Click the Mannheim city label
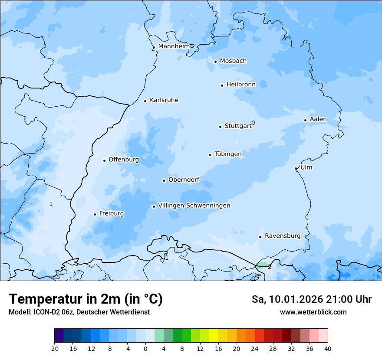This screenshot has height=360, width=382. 174,46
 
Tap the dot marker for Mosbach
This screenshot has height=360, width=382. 215,62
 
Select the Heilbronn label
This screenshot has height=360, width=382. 241,85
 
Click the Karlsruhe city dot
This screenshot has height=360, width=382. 145,101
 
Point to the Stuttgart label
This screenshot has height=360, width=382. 238,126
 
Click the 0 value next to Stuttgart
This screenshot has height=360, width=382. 253,123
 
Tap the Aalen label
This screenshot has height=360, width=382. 318,119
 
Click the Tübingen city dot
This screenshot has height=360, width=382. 210,155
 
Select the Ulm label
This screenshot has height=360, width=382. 306,167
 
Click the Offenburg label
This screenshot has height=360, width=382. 124,160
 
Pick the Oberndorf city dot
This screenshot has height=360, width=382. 164,180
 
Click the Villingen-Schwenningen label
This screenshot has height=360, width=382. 194,206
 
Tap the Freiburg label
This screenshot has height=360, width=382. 111,213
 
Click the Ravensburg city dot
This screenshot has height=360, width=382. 260,237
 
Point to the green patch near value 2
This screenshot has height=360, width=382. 262,265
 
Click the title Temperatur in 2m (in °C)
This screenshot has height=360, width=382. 86,299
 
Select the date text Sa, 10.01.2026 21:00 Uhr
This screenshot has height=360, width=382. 311,299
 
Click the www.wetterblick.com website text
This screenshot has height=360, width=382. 313,312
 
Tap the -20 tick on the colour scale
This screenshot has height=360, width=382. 54,348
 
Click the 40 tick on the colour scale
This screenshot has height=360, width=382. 328,348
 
